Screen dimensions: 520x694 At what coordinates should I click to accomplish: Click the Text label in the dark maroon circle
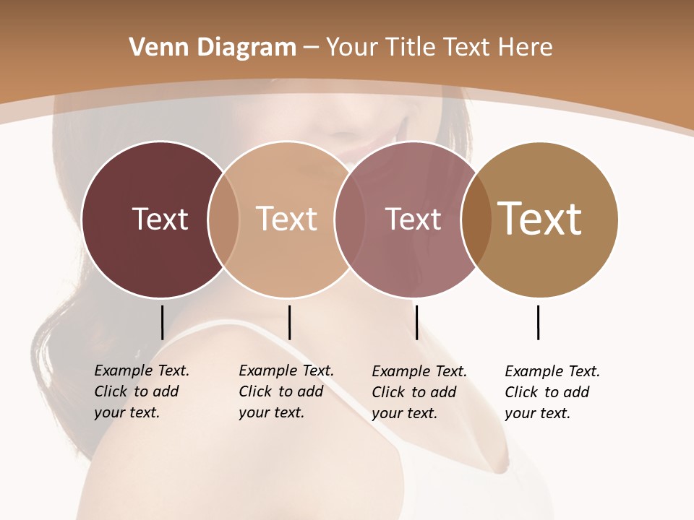point(160,219)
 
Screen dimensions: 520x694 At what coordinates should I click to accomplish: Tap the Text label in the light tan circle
point(286,219)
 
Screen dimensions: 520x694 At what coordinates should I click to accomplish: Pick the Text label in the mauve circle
point(413,219)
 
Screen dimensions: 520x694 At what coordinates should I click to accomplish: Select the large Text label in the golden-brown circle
point(539,219)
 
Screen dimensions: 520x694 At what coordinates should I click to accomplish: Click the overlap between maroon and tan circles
point(223,219)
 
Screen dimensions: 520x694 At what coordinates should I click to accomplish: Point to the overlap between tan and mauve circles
point(350,219)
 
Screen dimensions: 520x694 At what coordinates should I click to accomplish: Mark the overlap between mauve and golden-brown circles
point(476,219)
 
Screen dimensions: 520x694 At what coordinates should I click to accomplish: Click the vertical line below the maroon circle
point(162,322)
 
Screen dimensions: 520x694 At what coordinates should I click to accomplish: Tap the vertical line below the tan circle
point(289,322)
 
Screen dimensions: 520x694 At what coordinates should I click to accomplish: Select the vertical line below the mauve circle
point(416,322)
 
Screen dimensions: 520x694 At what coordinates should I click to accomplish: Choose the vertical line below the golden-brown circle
point(538,322)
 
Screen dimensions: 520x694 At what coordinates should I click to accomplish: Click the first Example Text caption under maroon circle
point(141,391)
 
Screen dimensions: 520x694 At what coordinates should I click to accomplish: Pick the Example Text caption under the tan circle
point(286,391)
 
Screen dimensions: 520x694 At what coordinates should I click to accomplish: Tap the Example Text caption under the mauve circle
point(419,392)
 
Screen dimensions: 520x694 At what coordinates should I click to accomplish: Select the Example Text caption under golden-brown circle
point(552,392)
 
